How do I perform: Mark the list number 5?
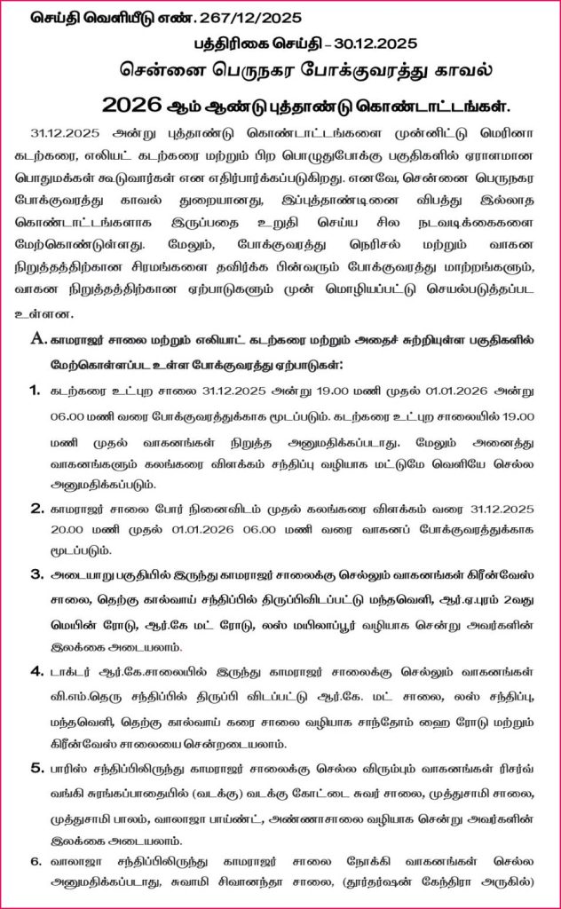tap(36, 766)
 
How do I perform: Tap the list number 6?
tap(36, 860)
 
